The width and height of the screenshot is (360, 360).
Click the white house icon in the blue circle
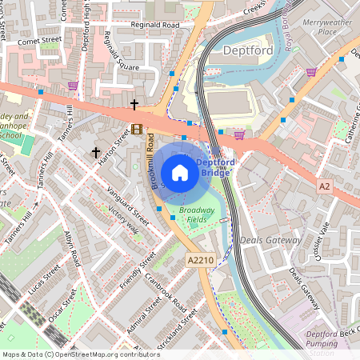pos(180,173)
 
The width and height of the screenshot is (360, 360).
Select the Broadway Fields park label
pos(197,214)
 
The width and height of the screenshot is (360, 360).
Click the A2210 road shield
pos(201,260)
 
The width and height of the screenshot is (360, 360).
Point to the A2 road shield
pos(324,186)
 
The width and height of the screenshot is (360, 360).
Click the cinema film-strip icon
pos(137,129)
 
